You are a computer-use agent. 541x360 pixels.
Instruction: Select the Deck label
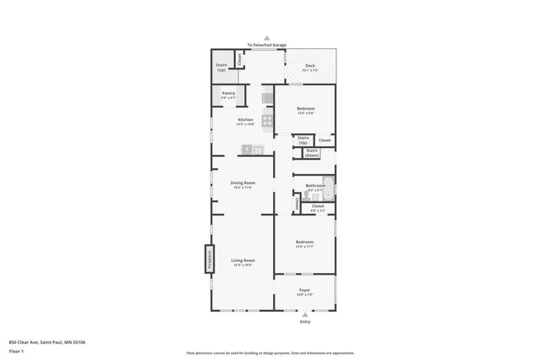pyautogui.click(x=310, y=68)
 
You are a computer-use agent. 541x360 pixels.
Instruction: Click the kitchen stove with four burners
pyautogui.click(x=267, y=121)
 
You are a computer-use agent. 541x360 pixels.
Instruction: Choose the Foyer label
pyautogui.click(x=304, y=292)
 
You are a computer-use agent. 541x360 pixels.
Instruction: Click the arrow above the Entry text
pyautogui.click(x=304, y=314)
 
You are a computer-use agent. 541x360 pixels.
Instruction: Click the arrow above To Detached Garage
pyautogui.click(x=267, y=38)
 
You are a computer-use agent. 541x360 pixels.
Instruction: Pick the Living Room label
pyautogui.click(x=243, y=261)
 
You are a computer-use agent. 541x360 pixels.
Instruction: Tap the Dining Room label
pyautogui.click(x=243, y=183)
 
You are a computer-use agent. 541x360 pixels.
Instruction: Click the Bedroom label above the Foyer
pyautogui.click(x=304, y=243)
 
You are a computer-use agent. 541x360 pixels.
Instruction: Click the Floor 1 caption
pyautogui.click(x=15, y=350)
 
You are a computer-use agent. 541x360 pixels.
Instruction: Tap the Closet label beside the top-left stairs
pyautogui.click(x=240, y=58)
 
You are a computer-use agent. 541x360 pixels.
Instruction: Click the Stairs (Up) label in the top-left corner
pyautogui.click(x=221, y=67)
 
